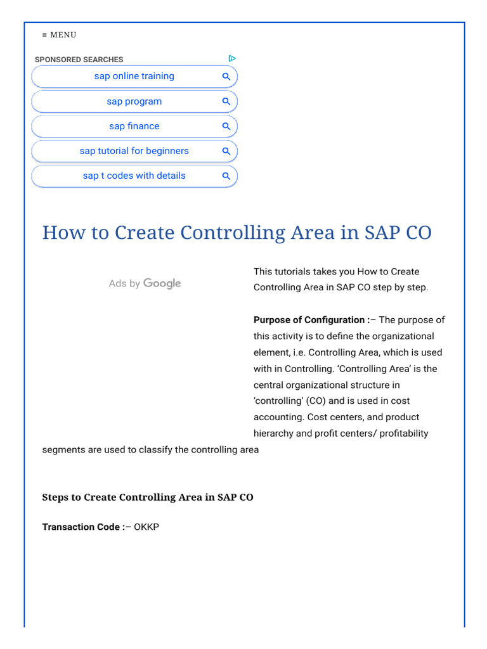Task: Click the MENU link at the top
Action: [x=59, y=35]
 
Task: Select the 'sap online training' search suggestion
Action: [x=134, y=76]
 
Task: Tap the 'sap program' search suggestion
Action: [x=134, y=101]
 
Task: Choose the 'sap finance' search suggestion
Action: [x=134, y=126]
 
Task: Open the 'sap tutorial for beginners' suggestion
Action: [x=134, y=151]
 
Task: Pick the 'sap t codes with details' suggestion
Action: [x=134, y=176]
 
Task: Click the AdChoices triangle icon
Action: [x=232, y=58]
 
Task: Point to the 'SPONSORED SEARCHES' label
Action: [x=79, y=60]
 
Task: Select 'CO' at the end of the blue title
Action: [x=415, y=233]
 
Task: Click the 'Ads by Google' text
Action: [x=145, y=283]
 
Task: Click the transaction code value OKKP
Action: [x=146, y=527]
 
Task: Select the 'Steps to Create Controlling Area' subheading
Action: [x=147, y=498]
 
